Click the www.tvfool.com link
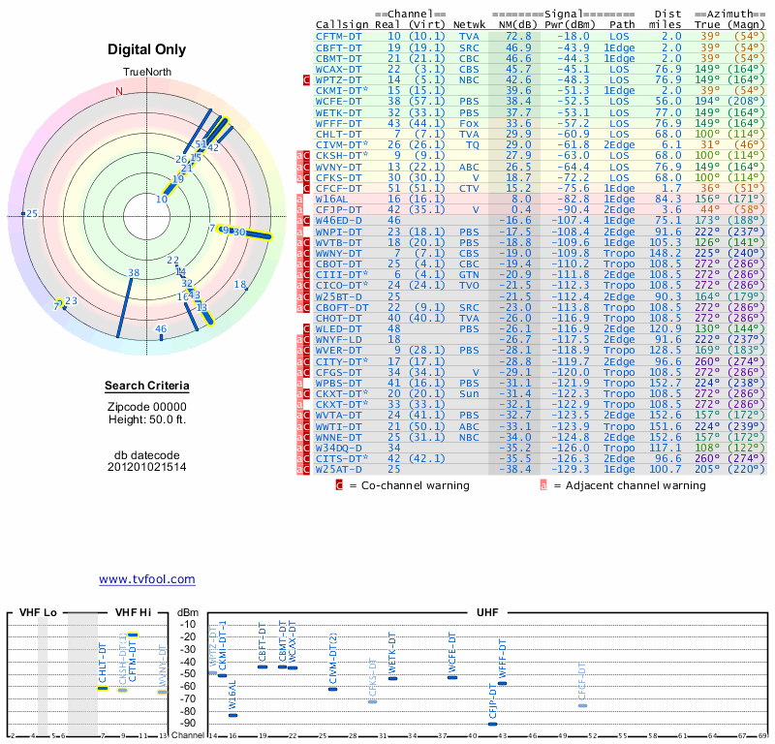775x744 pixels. coord(147,579)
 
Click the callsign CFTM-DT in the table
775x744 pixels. coord(339,36)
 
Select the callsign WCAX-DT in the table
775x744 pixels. coord(339,69)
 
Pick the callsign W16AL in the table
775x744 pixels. coord(335,198)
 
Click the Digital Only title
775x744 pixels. coord(147,49)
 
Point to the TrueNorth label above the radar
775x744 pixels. coord(146,74)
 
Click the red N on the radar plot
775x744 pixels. coord(120,91)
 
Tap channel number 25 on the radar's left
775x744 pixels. coord(32,214)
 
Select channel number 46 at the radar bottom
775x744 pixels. coord(161,329)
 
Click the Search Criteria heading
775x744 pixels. coord(146,387)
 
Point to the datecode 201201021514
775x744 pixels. coord(146,466)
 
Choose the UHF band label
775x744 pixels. coord(487,612)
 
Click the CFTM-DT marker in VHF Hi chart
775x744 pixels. coord(134,635)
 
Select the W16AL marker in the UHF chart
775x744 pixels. coord(232,714)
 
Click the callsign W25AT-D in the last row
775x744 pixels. coord(339,469)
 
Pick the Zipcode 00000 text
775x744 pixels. coord(146,407)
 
